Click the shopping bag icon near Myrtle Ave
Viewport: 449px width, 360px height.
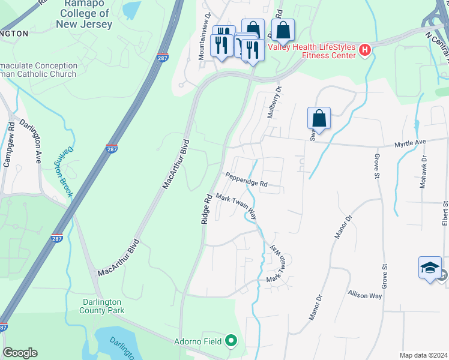coord(319,118)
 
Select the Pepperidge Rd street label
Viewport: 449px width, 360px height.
coord(246,179)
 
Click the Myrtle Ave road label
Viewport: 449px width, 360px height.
coord(409,143)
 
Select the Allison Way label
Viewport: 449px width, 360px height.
coord(364,296)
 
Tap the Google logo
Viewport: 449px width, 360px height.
coord(20,353)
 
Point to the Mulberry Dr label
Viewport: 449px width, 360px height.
coord(275,101)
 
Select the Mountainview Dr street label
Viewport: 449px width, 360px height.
coord(204,37)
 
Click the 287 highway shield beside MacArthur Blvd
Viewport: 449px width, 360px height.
coord(112,148)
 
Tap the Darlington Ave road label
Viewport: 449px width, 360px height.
coord(31,141)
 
